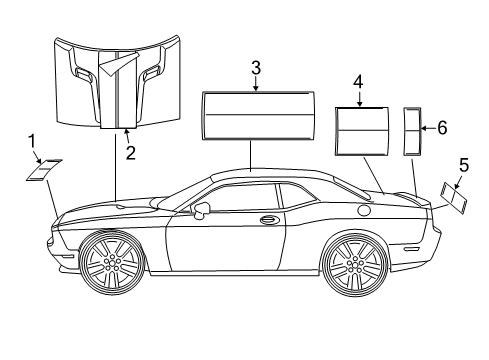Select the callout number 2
point(129,152)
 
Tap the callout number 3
point(256,68)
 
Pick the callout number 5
point(463,164)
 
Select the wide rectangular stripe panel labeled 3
point(256,118)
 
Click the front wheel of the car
point(112,264)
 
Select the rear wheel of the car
point(353,264)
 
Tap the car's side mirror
point(201,210)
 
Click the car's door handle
point(268,219)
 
